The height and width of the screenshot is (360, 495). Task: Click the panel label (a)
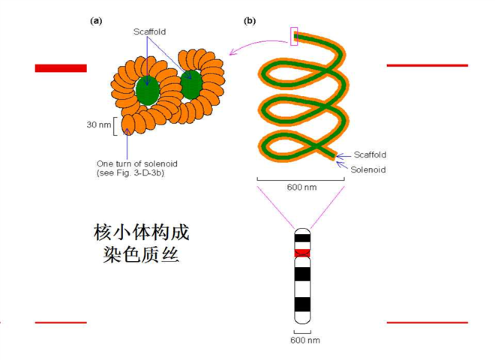pos(96,21)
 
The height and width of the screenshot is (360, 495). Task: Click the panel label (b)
pos(250,21)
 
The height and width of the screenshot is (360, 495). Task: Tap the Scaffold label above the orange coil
pos(150,31)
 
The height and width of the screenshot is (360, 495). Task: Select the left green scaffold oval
pos(148,91)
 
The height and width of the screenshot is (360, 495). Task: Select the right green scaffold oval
pos(191,85)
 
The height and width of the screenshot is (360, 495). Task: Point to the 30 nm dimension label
pos(99,124)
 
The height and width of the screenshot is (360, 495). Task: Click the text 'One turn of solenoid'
pos(137,164)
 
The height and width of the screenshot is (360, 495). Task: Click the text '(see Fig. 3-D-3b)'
pos(130,173)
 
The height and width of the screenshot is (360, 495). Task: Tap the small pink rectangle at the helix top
pos(294,36)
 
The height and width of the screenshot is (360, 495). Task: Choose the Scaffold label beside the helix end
pos(370,154)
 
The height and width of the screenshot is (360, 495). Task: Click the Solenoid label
pos(368,169)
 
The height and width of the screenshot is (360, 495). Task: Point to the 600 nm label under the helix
pos(301,187)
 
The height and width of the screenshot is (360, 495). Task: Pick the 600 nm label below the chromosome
pos(305,340)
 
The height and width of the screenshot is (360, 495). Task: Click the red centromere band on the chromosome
pos(302,253)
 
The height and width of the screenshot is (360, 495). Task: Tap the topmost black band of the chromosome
pos(302,238)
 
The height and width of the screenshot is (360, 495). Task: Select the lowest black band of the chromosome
pos(302,304)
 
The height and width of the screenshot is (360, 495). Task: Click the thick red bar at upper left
pos(61,68)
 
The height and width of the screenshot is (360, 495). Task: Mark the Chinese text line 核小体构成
pos(142,232)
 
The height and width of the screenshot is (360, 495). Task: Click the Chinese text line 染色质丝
pos(141,254)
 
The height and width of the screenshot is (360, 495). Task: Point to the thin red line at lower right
pos(427,322)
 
